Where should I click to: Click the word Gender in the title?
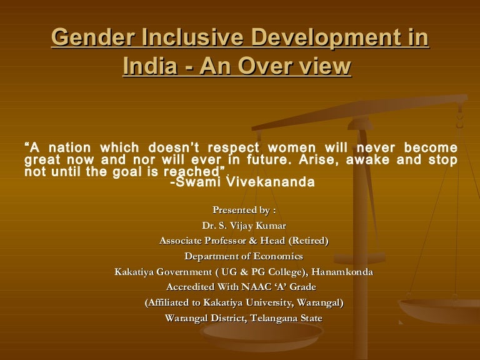(93, 37)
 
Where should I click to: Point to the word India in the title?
(150, 66)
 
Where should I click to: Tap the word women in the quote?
(291, 148)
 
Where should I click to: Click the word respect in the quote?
(233, 149)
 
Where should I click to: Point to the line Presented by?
(244, 210)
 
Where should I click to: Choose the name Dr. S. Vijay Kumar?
(244, 226)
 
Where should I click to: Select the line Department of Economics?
(244, 256)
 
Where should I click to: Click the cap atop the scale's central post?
(360, 124)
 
